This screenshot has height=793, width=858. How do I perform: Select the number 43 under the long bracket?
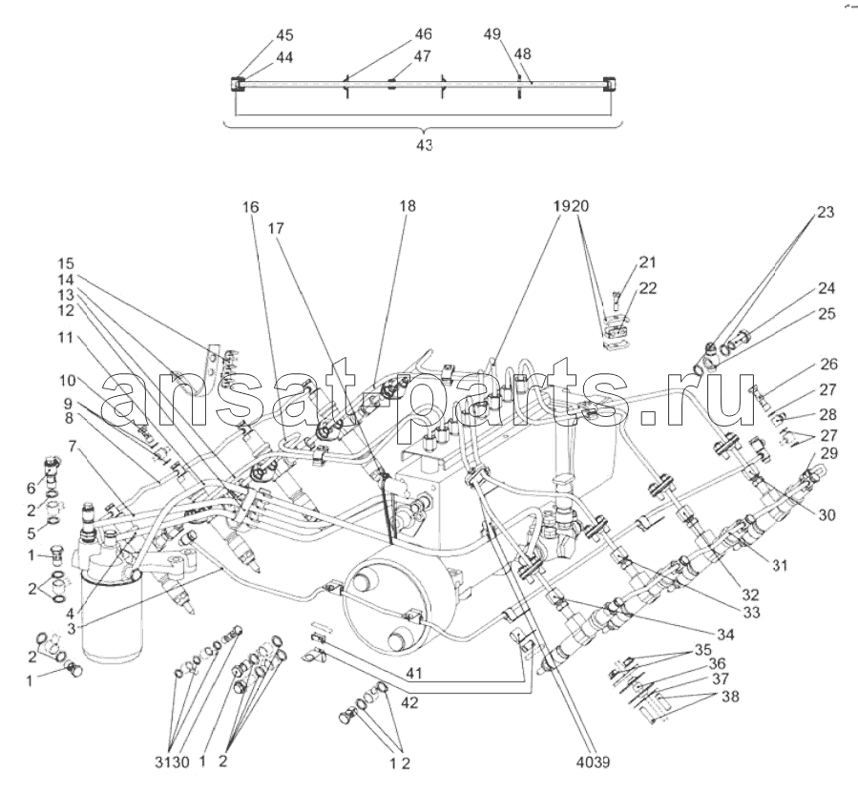(424, 145)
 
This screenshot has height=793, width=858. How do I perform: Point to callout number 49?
(492, 34)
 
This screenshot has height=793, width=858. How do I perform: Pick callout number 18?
(408, 205)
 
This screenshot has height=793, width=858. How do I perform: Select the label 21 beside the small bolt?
(649, 261)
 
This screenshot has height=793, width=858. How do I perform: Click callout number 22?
(649, 287)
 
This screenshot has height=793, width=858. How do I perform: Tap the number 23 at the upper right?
(826, 213)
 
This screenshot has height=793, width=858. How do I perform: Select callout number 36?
(717, 663)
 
